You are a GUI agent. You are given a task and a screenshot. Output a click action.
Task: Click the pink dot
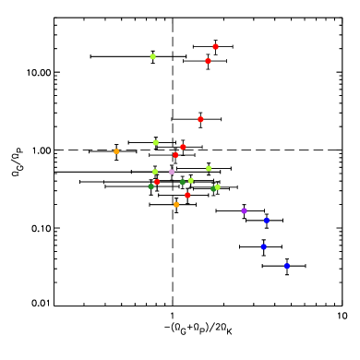[172, 172]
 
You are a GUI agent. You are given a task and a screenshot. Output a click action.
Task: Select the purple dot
[244, 210]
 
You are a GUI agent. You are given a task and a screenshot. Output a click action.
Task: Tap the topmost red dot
[215, 46]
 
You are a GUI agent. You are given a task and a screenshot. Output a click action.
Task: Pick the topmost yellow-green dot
[152, 56]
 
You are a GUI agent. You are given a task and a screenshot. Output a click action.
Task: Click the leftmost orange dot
[116, 151]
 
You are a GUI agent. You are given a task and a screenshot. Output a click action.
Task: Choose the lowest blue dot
[286, 266]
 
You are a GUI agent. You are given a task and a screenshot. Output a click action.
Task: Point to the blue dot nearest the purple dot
[266, 220]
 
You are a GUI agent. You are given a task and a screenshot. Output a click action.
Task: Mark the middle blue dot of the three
[263, 246]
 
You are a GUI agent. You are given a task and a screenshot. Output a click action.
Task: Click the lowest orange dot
[176, 204]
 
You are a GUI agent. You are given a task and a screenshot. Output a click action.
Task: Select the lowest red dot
[187, 195]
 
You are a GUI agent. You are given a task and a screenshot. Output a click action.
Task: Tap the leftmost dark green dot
[151, 186]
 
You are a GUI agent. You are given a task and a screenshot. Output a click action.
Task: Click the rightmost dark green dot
[213, 188]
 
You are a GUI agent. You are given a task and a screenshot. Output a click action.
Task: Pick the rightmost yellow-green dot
[218, 186]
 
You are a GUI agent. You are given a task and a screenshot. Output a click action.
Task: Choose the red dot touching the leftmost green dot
[157, 181]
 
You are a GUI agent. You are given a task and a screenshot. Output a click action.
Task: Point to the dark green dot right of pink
[183, 182]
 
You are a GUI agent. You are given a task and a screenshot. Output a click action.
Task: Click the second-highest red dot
[208, 61]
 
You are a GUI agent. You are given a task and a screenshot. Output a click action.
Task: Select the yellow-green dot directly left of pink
[155, 172]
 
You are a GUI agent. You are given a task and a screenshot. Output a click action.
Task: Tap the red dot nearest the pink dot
[175, 155]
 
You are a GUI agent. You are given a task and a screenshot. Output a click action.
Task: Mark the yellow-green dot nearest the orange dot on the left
[155, 142]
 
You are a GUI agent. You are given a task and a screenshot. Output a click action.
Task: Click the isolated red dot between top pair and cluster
[200, 119]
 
